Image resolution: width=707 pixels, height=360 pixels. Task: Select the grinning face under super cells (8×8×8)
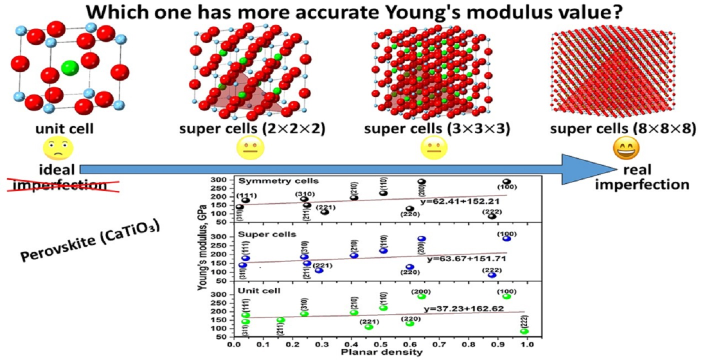click(623, 148)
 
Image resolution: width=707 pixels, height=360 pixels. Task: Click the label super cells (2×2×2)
click(253, 128)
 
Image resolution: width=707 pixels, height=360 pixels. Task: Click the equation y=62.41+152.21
click(465, 202)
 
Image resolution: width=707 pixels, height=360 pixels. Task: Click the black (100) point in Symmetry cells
click(506, 182)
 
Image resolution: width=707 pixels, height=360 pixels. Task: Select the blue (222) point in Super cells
click(492, 275)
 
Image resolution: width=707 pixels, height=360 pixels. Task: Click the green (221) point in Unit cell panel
click(369, 327)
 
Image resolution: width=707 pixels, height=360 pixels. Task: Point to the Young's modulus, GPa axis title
click(202, 258)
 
